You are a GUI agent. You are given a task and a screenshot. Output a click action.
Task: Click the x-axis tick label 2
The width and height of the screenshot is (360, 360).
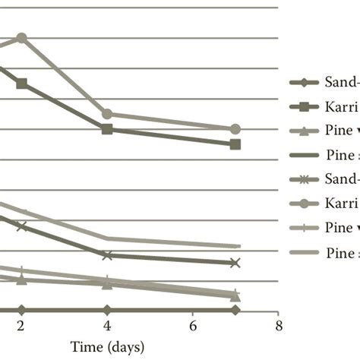pyautogui.click(x=21, y=327)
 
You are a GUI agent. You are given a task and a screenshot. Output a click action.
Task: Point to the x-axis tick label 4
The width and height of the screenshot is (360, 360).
pyautogui.click(x=107, y=327)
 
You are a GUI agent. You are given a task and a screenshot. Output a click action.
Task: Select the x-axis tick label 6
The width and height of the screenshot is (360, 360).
pyautogui.click(x=193, y=327)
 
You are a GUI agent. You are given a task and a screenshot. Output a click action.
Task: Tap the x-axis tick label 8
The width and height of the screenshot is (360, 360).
pyautogui.click(x=279, y=327)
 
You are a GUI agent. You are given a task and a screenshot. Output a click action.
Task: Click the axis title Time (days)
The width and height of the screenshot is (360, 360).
pyautogui.click(x=107, y=346)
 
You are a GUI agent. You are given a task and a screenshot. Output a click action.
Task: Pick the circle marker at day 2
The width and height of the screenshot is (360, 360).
pyautogui.click(x=21, y=38)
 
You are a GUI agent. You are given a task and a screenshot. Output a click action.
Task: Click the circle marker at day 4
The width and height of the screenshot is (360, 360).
pyautogui.click(x=107, y=114)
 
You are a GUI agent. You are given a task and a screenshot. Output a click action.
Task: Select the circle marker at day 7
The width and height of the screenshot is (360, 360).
pyautogui.click(x=235, y=129)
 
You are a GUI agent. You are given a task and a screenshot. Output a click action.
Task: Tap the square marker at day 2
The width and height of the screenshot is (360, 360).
pyautogui.click(x=21, y=84)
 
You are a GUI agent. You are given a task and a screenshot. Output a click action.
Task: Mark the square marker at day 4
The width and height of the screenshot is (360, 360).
pyautogui.click(x=107, y=129)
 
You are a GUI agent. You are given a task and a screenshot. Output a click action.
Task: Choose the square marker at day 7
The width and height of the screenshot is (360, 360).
pyautogui.click(x=235, y=144)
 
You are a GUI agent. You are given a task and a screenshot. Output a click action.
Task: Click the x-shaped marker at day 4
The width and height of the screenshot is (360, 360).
pyautogui.click(x=107, y=255)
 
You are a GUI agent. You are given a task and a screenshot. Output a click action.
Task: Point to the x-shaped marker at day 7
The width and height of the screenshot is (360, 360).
pyautogui.click(x=235, y=263)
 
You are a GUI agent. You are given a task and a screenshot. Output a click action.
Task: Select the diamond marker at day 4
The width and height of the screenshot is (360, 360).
pyautogui.click(x=107, y=310)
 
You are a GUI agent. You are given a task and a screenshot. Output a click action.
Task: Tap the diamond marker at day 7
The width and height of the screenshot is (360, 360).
pyautogui.click(x=235, y=310)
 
